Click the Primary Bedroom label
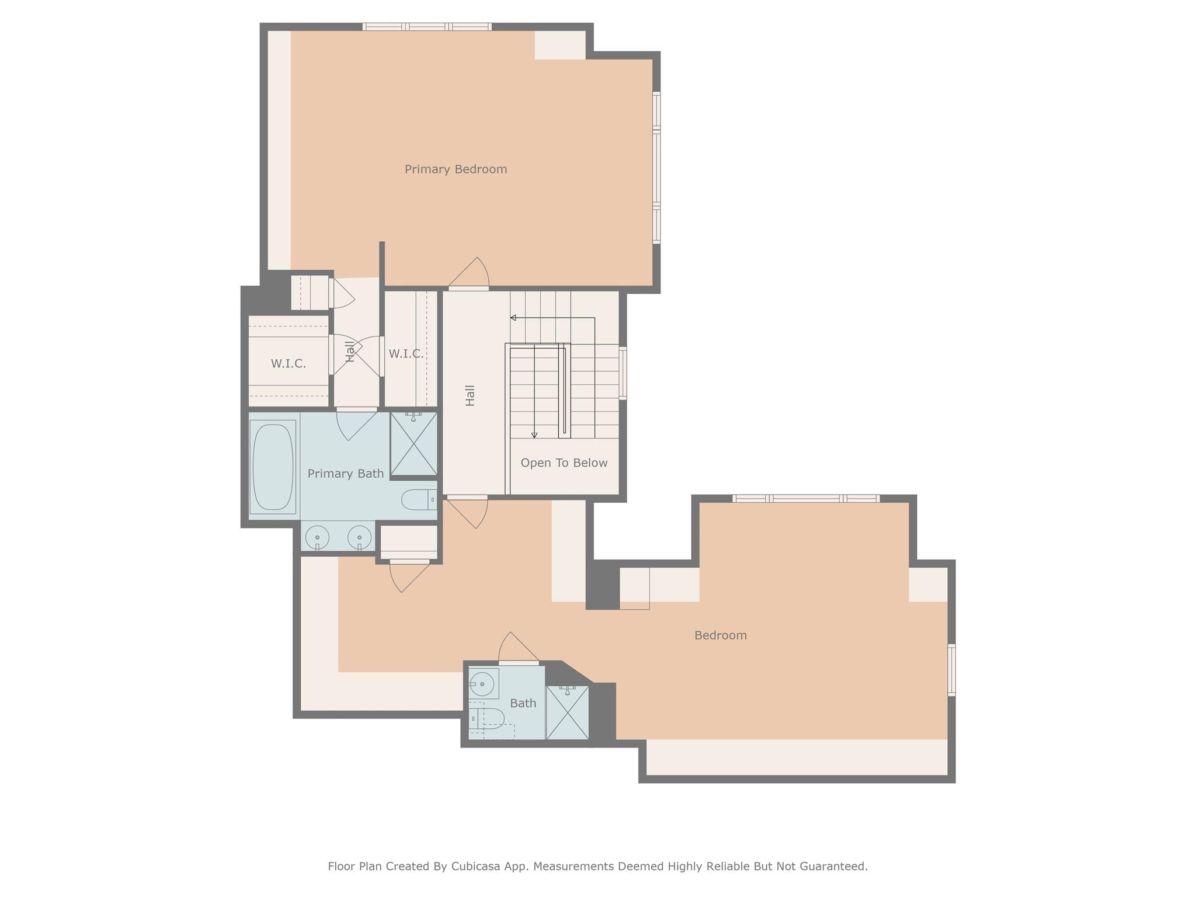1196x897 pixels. click(456, 169)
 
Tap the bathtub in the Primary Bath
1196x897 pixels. click(272, 467)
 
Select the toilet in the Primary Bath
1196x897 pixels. click(418, 499)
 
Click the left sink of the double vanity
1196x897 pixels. click(317, 536)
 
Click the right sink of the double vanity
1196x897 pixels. click(359, 536)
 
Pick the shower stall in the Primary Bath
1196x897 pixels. click(413, 443)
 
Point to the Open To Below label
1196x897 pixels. click(564, 463)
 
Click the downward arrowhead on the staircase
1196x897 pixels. click(534, 434)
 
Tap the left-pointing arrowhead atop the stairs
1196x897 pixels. click(513, 318)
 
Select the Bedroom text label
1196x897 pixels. click(720, 635)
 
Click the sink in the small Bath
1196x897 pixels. click(482, 683)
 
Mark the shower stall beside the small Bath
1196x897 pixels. click(567, 712)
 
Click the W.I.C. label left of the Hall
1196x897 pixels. click(288, 364)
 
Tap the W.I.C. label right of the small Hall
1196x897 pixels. click(406, 354)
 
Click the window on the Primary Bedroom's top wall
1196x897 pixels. click(427, 27)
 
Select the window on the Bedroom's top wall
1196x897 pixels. click(806, 498)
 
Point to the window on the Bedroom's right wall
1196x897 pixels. click(951, 669)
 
